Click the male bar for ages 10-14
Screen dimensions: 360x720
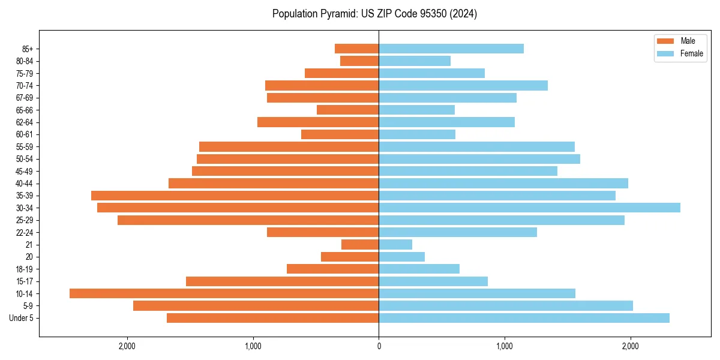pos(224,293)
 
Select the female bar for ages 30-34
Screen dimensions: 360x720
pos(529,208)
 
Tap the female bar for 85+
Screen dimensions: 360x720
pos(451,49)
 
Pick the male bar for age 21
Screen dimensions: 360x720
pos(360,244)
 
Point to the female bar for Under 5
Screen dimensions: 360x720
pos(524,318)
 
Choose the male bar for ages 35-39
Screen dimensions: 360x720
pos(235,196)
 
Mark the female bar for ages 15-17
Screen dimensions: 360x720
pos(433,281)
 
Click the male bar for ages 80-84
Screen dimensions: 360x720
pos(359,61)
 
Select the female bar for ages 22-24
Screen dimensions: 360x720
pos(458,232)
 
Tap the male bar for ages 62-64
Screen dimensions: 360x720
pos(318,122)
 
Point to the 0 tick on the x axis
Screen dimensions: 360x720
pos(379,346)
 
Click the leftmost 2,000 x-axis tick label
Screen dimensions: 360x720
pos(127,346)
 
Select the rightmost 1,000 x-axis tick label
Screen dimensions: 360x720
pos(505,346)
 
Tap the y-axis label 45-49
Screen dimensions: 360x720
pos(25,171)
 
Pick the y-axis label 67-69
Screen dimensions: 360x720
pos(25,98)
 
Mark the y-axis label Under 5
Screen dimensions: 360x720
pos(22,318)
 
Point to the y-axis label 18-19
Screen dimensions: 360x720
pos(25,269)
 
